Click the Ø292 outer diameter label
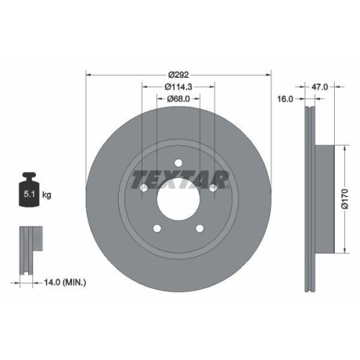point(179,73)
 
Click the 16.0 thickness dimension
point(285,100)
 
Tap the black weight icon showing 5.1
point(29,191)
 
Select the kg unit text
point(47,194)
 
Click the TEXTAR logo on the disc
point(179,177)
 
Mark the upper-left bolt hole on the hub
point(143,188)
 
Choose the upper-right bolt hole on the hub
point(214,188)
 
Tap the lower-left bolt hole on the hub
point(156,230)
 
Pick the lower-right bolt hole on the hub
point(201,230)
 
